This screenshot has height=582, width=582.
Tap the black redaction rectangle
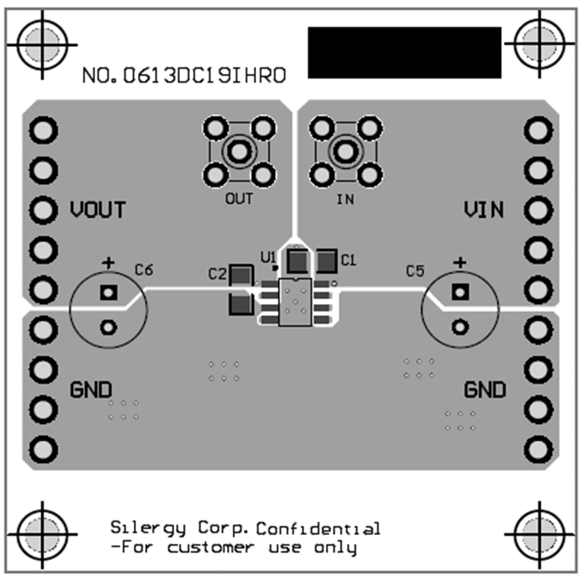pos(404,53)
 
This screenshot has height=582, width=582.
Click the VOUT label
pos(97,210)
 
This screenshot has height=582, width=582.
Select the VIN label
pos(484,210)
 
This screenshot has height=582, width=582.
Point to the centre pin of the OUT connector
pos(238,151)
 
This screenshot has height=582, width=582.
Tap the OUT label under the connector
pos(239,199)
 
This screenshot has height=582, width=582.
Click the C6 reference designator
pos(144,269)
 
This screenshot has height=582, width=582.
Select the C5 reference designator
pos(414,271)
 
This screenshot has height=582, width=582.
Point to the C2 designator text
pos(216,274)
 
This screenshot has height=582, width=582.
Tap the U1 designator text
pos(267,256)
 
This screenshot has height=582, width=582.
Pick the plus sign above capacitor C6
pos(108,263)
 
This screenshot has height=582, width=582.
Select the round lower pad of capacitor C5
pos(460,327)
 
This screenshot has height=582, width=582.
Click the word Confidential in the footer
pos(318,529)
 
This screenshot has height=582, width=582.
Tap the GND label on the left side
pos(92,390)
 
